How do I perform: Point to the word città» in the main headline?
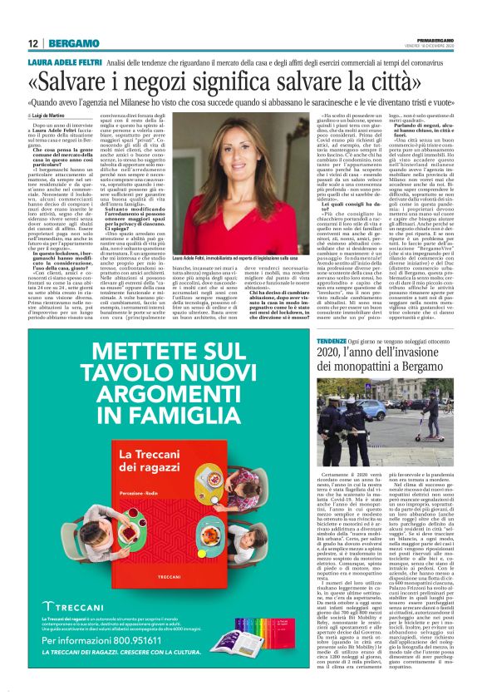pyautogui.click(x=421, y=83)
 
